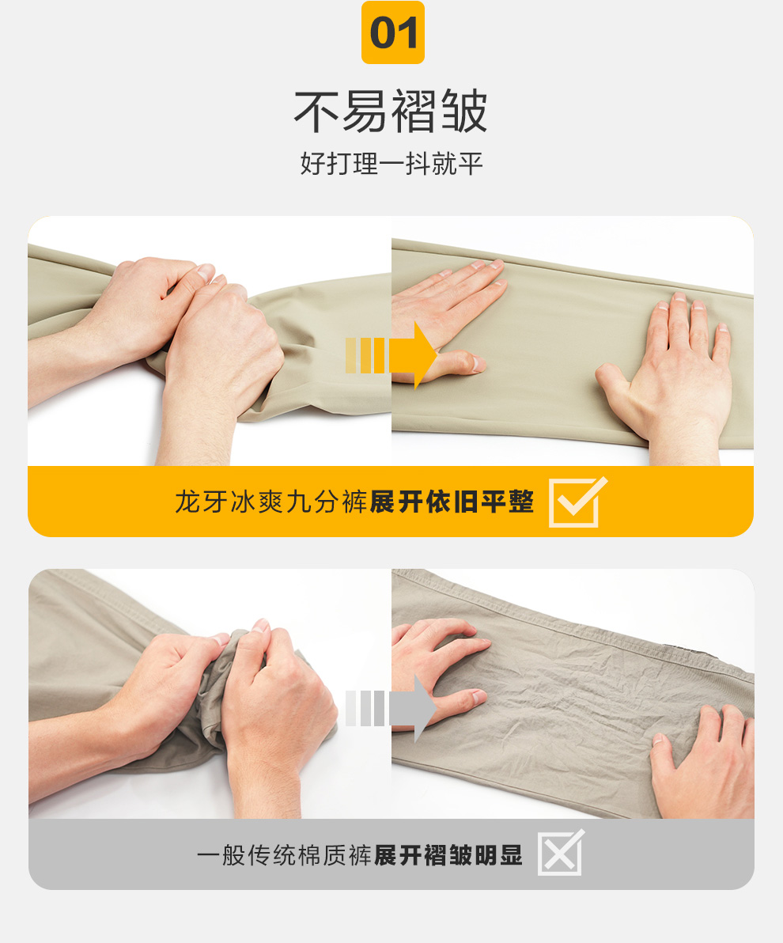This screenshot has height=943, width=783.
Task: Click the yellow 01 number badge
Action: coord(393,32)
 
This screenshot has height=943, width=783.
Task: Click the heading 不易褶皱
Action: coord(391,112)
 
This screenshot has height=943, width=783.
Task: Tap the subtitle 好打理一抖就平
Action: coord(391,164)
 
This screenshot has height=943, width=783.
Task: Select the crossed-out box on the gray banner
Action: coord(561,853)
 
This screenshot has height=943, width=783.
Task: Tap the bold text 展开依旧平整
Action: coord(452,502)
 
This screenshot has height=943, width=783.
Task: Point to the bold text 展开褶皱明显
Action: coord(448,855)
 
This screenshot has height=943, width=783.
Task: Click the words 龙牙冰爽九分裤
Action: coord(270,502)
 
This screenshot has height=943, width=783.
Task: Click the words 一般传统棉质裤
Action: coord(285,855)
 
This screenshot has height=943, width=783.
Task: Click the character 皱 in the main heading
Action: coord(464,112)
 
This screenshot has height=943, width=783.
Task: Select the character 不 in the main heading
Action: coord(317,112)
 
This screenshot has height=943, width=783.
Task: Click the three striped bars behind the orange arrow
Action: coord(365,355)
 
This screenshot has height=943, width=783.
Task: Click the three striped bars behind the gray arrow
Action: coord(365,709)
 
